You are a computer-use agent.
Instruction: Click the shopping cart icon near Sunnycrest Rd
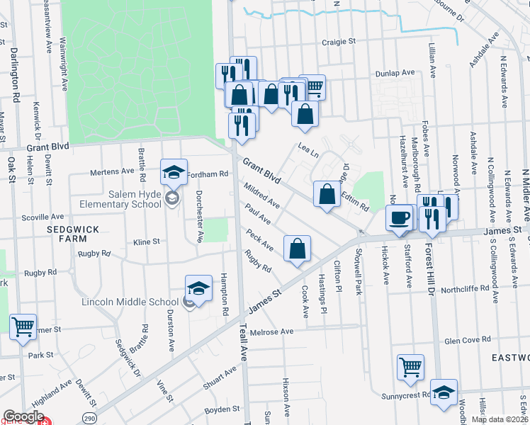tap(410, 367)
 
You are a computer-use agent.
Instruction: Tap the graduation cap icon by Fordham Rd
tap(174, 171)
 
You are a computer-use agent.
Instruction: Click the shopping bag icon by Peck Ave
tap(298, 249)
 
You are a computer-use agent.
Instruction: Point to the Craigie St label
tap(338, 42)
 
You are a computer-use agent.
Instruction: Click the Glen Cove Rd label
tap(467, 340)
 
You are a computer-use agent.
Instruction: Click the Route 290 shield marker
tap(89, 416)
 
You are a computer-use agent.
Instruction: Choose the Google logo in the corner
tap(23, 416)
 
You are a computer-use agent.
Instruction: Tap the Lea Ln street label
tap(308, 150)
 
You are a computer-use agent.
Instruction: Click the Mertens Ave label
tap(112, 171)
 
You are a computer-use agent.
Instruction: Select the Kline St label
tap(147, 242)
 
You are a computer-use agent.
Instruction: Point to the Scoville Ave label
tap(43, 217)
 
